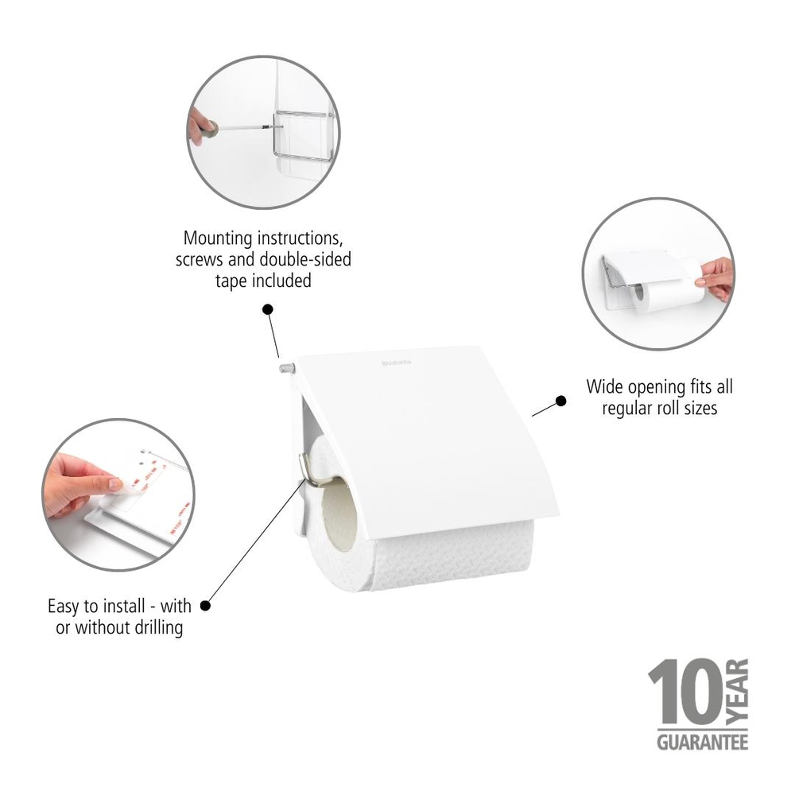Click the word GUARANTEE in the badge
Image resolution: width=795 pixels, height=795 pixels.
(702, 743)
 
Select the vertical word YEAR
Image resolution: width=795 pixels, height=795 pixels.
(738, 692)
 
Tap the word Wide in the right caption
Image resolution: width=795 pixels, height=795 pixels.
(604, 387)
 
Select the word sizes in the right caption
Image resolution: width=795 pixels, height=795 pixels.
(700, 408)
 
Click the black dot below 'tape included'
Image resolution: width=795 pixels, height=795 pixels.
(268, 309)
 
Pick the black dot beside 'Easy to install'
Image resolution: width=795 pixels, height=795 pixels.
(205, 605)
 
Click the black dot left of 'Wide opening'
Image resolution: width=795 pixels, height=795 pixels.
(560, 401)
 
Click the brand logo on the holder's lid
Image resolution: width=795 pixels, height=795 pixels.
(397, 363)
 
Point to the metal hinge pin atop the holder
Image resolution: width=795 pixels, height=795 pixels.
(287, 367)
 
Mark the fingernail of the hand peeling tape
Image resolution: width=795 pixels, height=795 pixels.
(115, 485)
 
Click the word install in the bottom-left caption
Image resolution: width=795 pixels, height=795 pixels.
(122, 606)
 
